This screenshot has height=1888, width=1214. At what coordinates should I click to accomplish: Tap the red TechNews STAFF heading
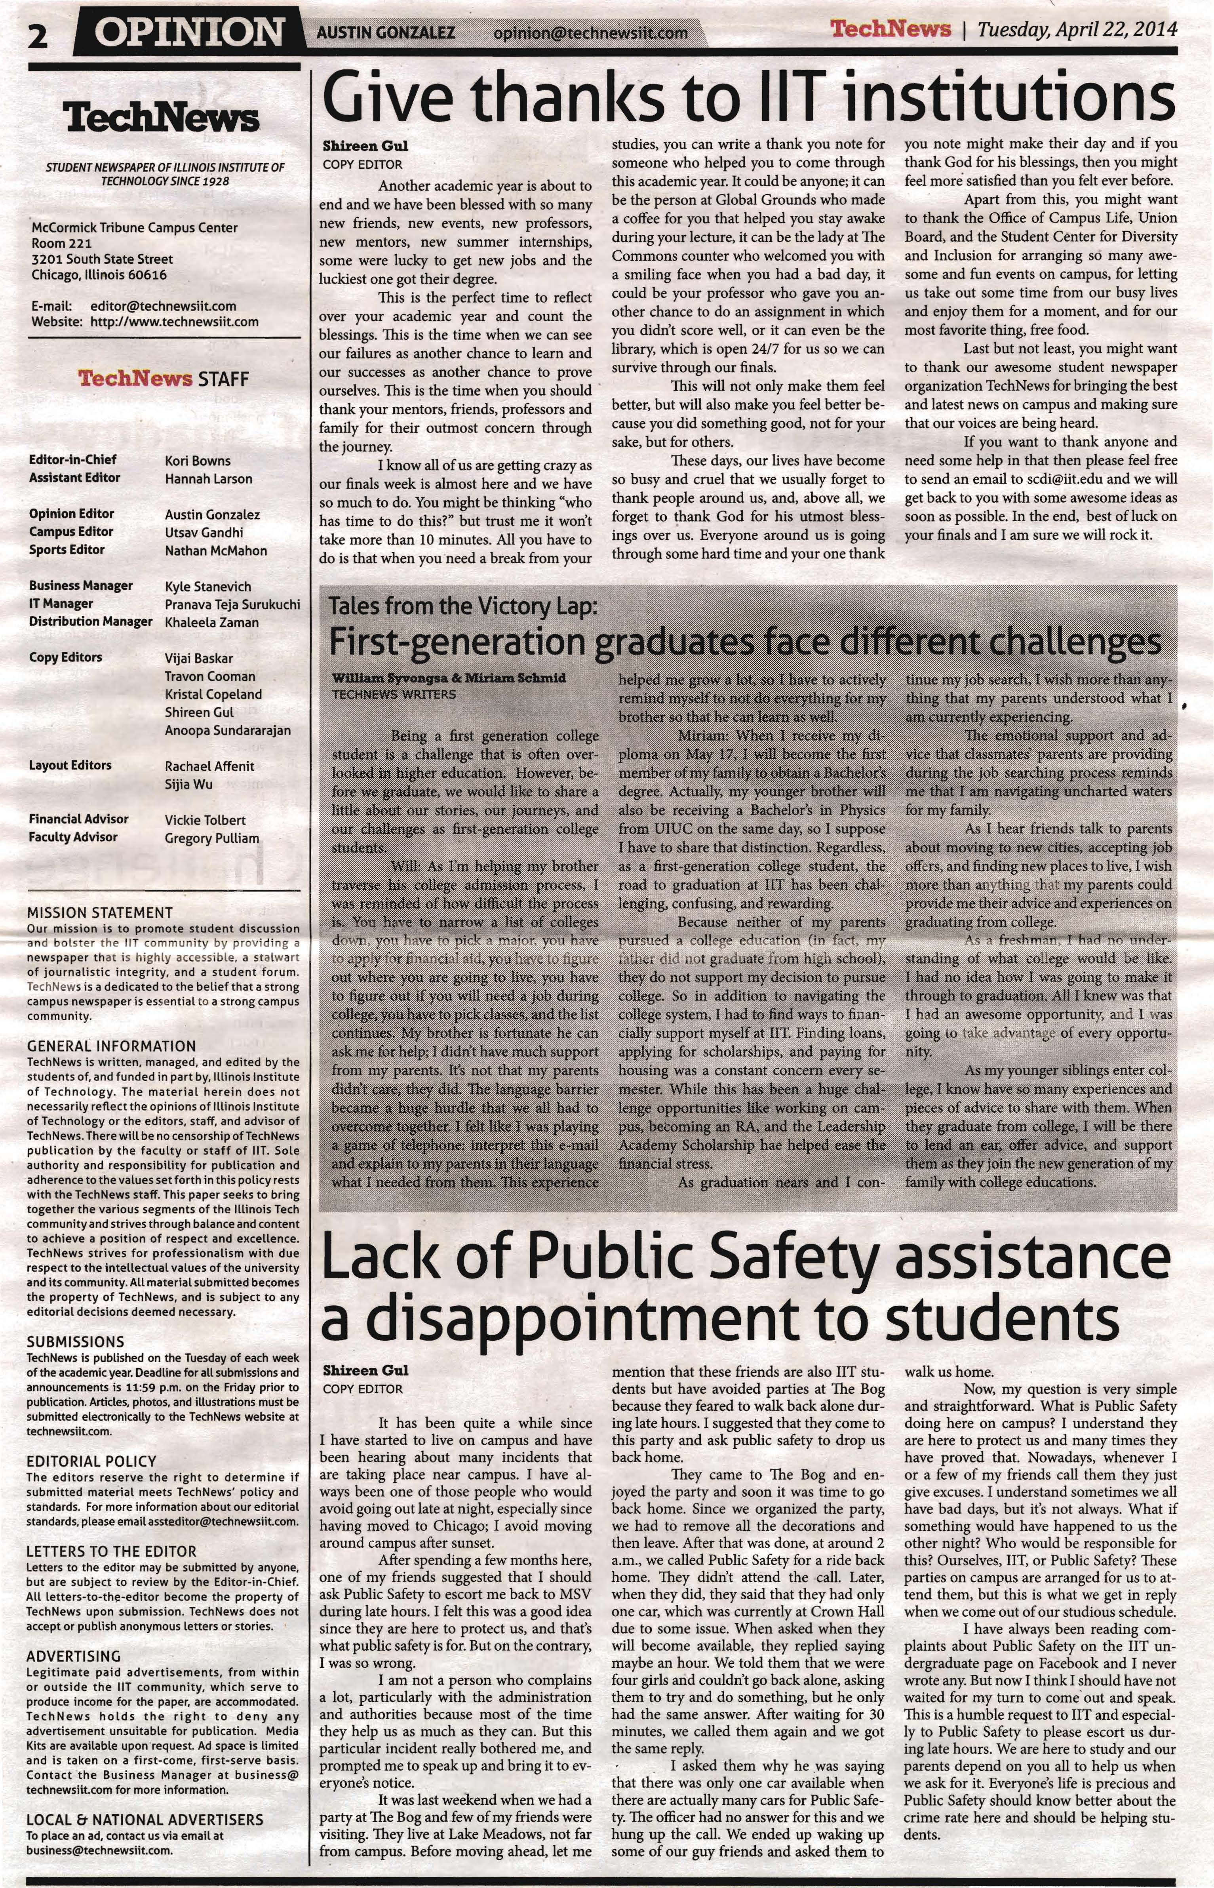pos(163,379)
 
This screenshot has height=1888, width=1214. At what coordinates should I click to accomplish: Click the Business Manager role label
pos(80,586)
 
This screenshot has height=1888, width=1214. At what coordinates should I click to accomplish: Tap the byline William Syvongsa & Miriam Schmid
pos(449,678)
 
